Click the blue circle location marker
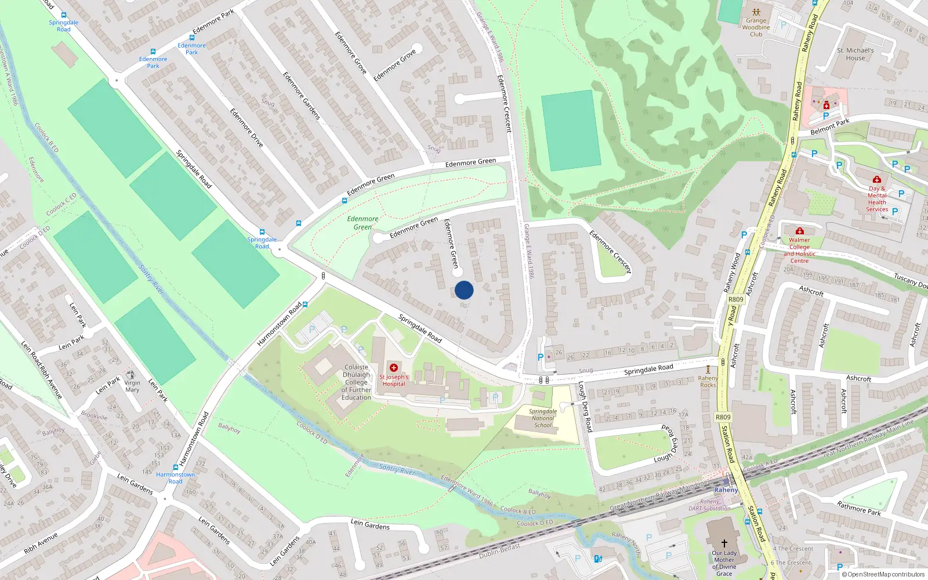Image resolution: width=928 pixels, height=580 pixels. point(464,290)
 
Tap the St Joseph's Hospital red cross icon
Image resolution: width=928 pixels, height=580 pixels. point(394,368)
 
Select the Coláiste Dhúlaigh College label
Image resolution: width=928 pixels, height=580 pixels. point(356,382)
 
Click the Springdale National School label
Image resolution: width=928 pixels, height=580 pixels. point(543,418)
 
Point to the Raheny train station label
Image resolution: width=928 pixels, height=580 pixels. point(726,490)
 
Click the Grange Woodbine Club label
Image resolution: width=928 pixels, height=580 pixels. point(756,27)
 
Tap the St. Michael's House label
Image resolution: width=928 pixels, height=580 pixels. point(855,54)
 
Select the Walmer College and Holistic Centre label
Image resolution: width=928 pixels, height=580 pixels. point(799,251)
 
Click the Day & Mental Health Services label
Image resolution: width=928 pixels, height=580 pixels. point(877,199)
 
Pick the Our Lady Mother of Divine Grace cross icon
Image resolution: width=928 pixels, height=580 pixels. point(724,543)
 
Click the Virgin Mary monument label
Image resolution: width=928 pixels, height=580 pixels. point(132,386)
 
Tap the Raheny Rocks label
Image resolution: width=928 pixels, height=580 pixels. point(708,382)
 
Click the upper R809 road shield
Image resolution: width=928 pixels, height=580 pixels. point(735,299)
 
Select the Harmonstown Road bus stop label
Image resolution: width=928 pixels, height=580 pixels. point(175,478)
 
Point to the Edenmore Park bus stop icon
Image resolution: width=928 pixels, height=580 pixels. point(192,38)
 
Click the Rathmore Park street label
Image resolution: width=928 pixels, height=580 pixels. point(858,509)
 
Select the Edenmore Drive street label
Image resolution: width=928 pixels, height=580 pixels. point(246,128)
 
